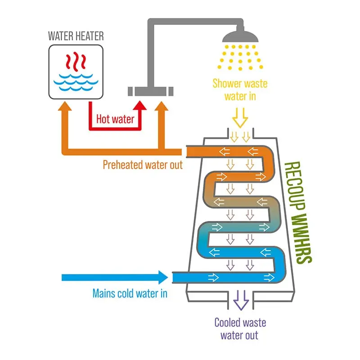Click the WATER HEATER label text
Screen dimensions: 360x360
click(x=75, y=36)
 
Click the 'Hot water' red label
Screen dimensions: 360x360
click(x=115, y=120)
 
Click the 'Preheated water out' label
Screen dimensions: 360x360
click(x=143, y=165)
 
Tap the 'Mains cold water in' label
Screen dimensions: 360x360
click(x=130, y=293)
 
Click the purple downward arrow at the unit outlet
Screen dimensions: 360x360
click(x=241, y=299)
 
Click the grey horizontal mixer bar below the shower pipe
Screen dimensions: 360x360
click(x=151, y=90)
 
